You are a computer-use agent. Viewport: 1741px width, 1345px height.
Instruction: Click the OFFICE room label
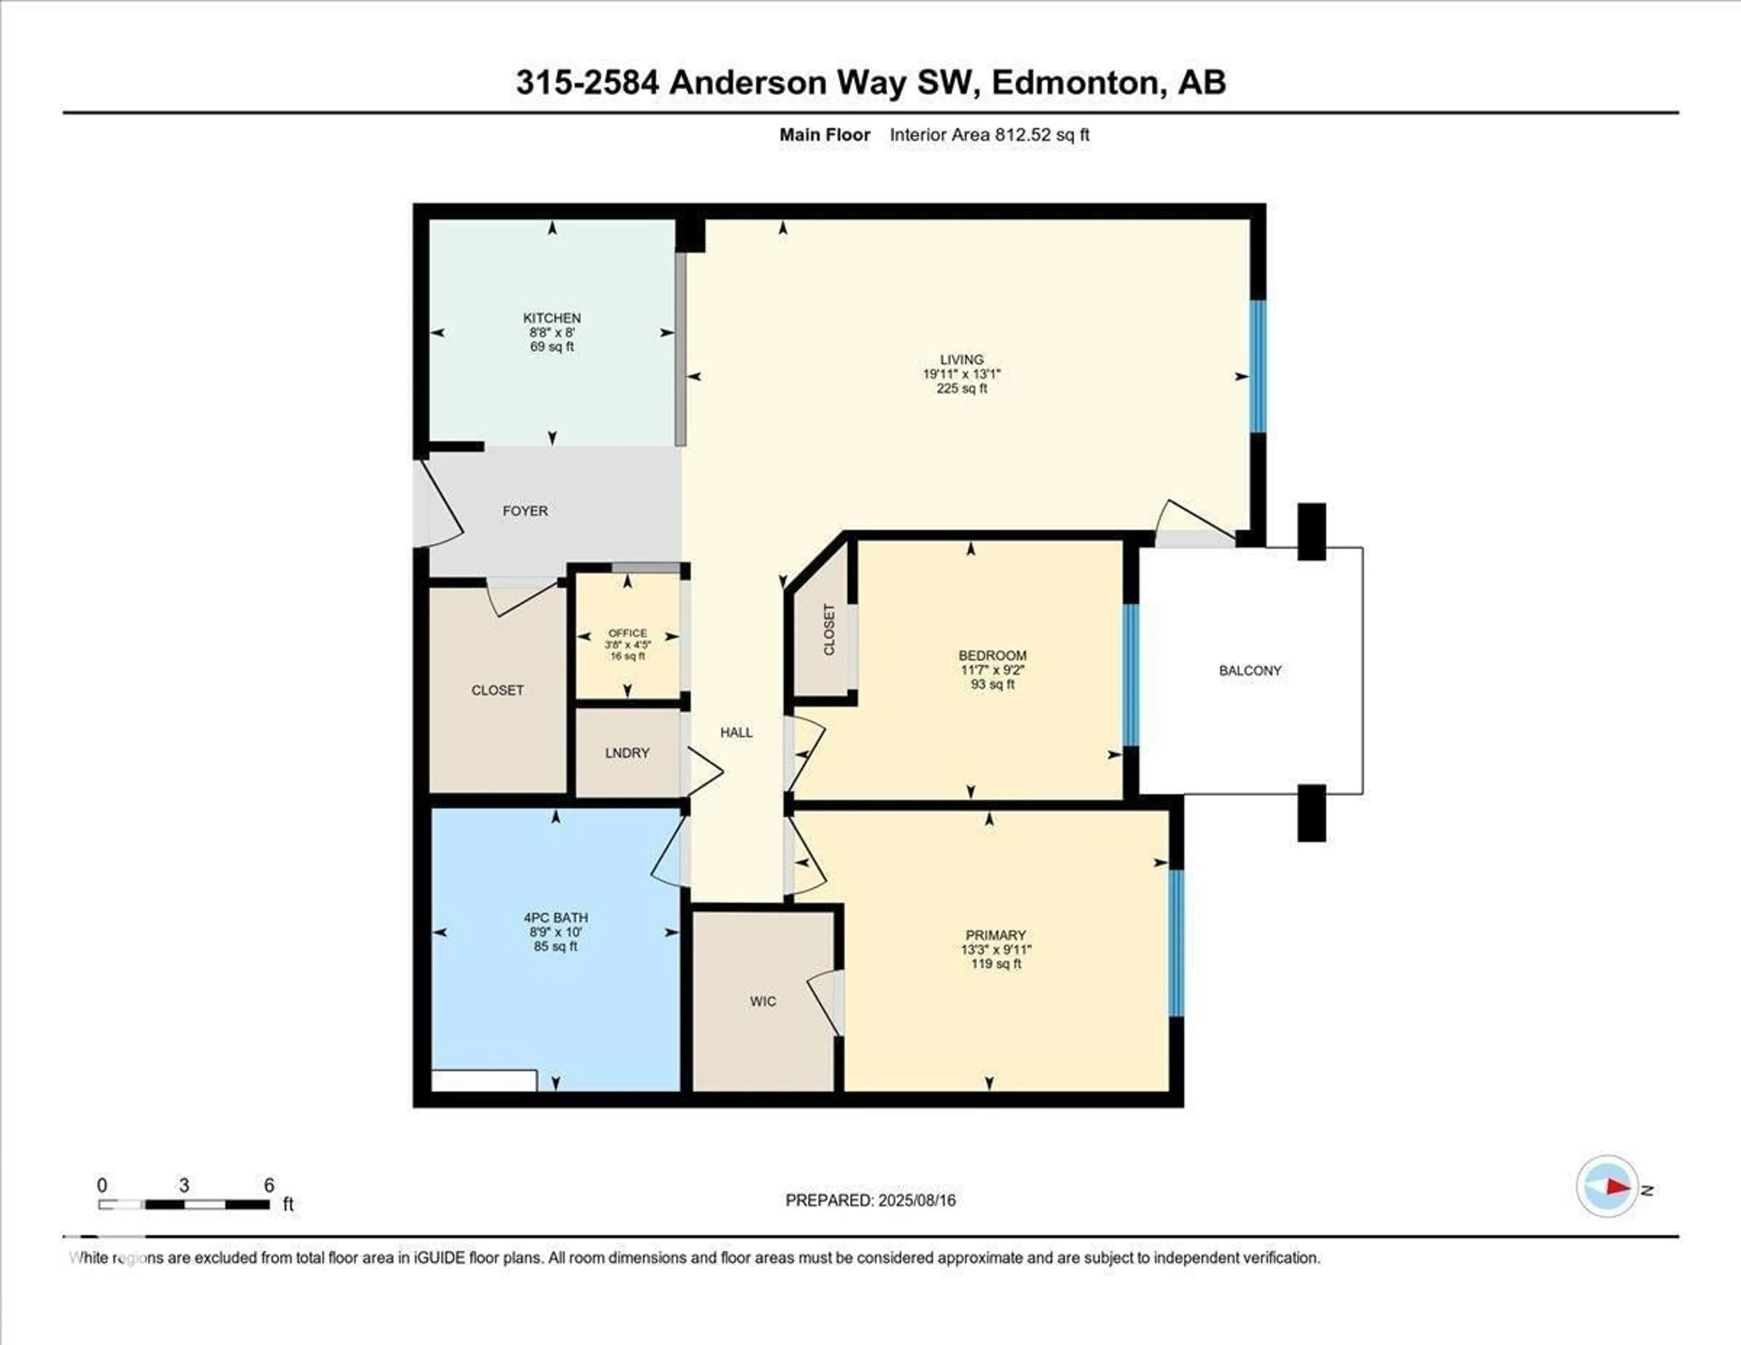(x=627, y=633)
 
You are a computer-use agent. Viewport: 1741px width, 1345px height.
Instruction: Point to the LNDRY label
(x=627, y=753)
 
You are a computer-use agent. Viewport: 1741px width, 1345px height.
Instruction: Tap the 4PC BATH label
(x=555, y=918)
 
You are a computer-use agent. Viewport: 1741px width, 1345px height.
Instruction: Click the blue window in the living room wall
(x=1257, y=366)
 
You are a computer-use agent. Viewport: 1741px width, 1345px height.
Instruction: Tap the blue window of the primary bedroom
(x=1176, y=943)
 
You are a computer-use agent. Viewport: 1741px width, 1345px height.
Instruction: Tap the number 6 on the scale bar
(x=269, y=1185)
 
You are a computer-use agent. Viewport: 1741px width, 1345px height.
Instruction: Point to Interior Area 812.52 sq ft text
(x=989, y=135)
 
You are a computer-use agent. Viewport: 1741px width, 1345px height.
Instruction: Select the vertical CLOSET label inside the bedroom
(x=829, y=630)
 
